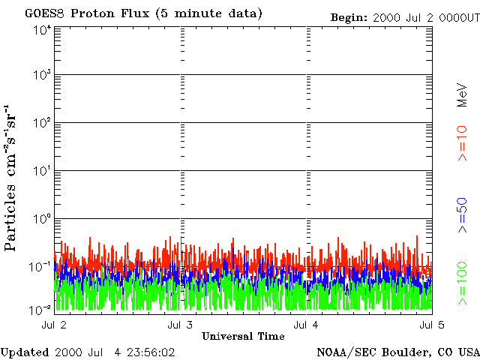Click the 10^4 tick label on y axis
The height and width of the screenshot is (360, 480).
pos(42,29)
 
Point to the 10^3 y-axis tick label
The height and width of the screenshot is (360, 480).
pos(42,76)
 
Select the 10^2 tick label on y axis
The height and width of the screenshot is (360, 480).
pos(42,124)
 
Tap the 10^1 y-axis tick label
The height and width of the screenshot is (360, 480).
pos(42,172)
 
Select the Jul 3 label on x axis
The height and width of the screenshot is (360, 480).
pos(181,324)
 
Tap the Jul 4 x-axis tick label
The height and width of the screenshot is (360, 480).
pos(306,324)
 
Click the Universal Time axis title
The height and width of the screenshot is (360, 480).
pos(243,336)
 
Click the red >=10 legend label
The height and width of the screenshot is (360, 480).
pos(463,143)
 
